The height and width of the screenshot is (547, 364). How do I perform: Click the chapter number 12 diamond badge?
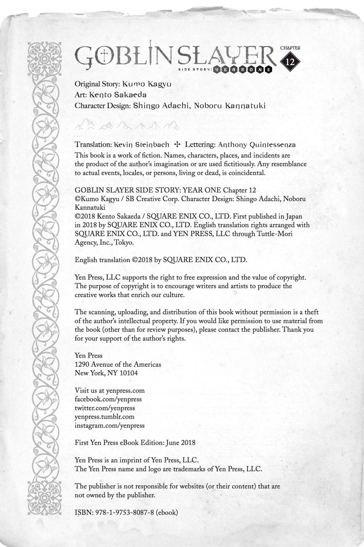[x=290, y=62]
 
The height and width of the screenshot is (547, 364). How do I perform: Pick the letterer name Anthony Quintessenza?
[x=257, y=144]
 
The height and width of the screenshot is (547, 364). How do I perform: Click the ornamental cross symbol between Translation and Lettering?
[x=177, y=144]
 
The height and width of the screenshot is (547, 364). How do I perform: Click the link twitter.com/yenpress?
[x=105, y=408]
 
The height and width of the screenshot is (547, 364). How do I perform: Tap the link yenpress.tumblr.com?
[x=104, y=417]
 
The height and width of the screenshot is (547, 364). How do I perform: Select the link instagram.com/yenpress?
[x=110, y=425]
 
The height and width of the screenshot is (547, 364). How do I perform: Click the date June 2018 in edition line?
[x=181, y=442]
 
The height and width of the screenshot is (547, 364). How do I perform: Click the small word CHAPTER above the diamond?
[x=290, y=48]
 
